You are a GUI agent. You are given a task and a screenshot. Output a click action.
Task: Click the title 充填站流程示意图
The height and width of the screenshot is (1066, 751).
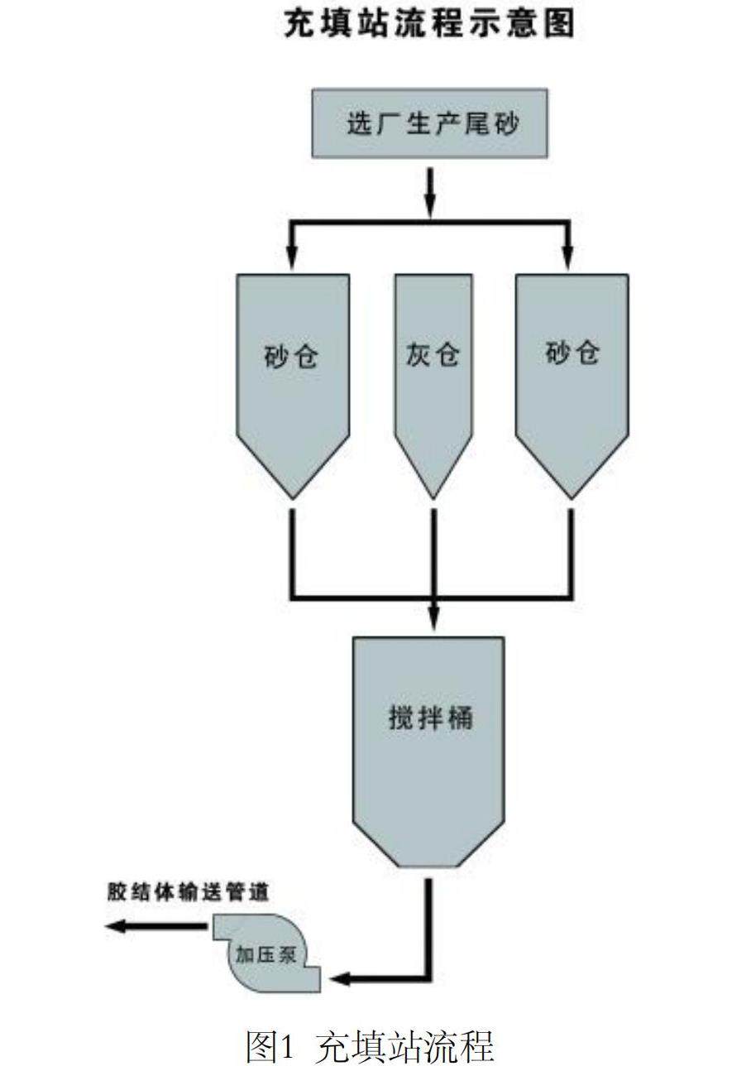(x=428, y=25)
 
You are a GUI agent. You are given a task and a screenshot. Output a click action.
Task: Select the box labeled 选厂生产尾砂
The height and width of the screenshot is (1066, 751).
(x=428, y=123)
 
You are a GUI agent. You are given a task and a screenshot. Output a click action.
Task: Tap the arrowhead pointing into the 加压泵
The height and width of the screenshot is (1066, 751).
(x=339, y=979)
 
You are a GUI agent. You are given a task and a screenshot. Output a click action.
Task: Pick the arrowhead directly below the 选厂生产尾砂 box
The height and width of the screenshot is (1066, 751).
(x=429, y=200)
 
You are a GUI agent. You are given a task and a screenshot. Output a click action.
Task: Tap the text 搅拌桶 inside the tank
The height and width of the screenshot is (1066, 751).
(x=430, y=717)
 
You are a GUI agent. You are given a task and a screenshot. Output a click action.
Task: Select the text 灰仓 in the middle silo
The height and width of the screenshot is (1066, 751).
(x=433, y=355)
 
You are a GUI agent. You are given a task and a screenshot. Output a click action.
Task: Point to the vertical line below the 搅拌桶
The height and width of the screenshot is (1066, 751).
(x=429, y=919)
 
